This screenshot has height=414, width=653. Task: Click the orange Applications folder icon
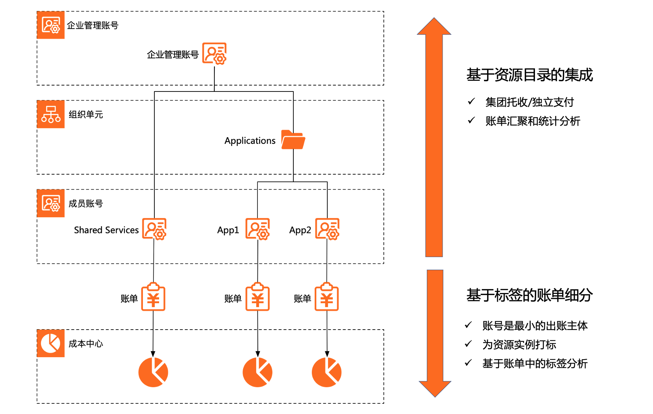tap(293, 140)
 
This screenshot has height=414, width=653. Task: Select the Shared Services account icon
tap(154, 229)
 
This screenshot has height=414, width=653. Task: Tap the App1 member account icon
tap(257, 229)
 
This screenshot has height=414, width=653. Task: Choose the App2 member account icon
tap(327, 229)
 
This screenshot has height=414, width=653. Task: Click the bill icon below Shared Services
tap(153, 297)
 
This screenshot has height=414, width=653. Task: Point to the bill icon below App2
tap(326, 297)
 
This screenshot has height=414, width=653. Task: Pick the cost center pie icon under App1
tap(257, 372)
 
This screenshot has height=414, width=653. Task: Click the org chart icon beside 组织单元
tap(51, 114)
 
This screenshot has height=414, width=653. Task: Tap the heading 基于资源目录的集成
tap(529, 75)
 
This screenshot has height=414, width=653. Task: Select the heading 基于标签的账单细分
tap(529, 295)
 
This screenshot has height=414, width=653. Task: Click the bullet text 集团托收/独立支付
tap(529, 103)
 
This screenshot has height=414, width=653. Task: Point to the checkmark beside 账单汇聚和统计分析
tap(471, 120)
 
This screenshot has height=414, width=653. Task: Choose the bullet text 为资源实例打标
tap(519, 345)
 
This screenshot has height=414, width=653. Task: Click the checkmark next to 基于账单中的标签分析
tap(468, 363)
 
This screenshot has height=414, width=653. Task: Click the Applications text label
tap(250, 141)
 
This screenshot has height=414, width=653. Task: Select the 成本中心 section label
tap(86, 344)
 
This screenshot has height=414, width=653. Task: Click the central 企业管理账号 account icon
tap(214, 54)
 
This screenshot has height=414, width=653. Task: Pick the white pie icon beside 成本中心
tap(51, 343)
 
